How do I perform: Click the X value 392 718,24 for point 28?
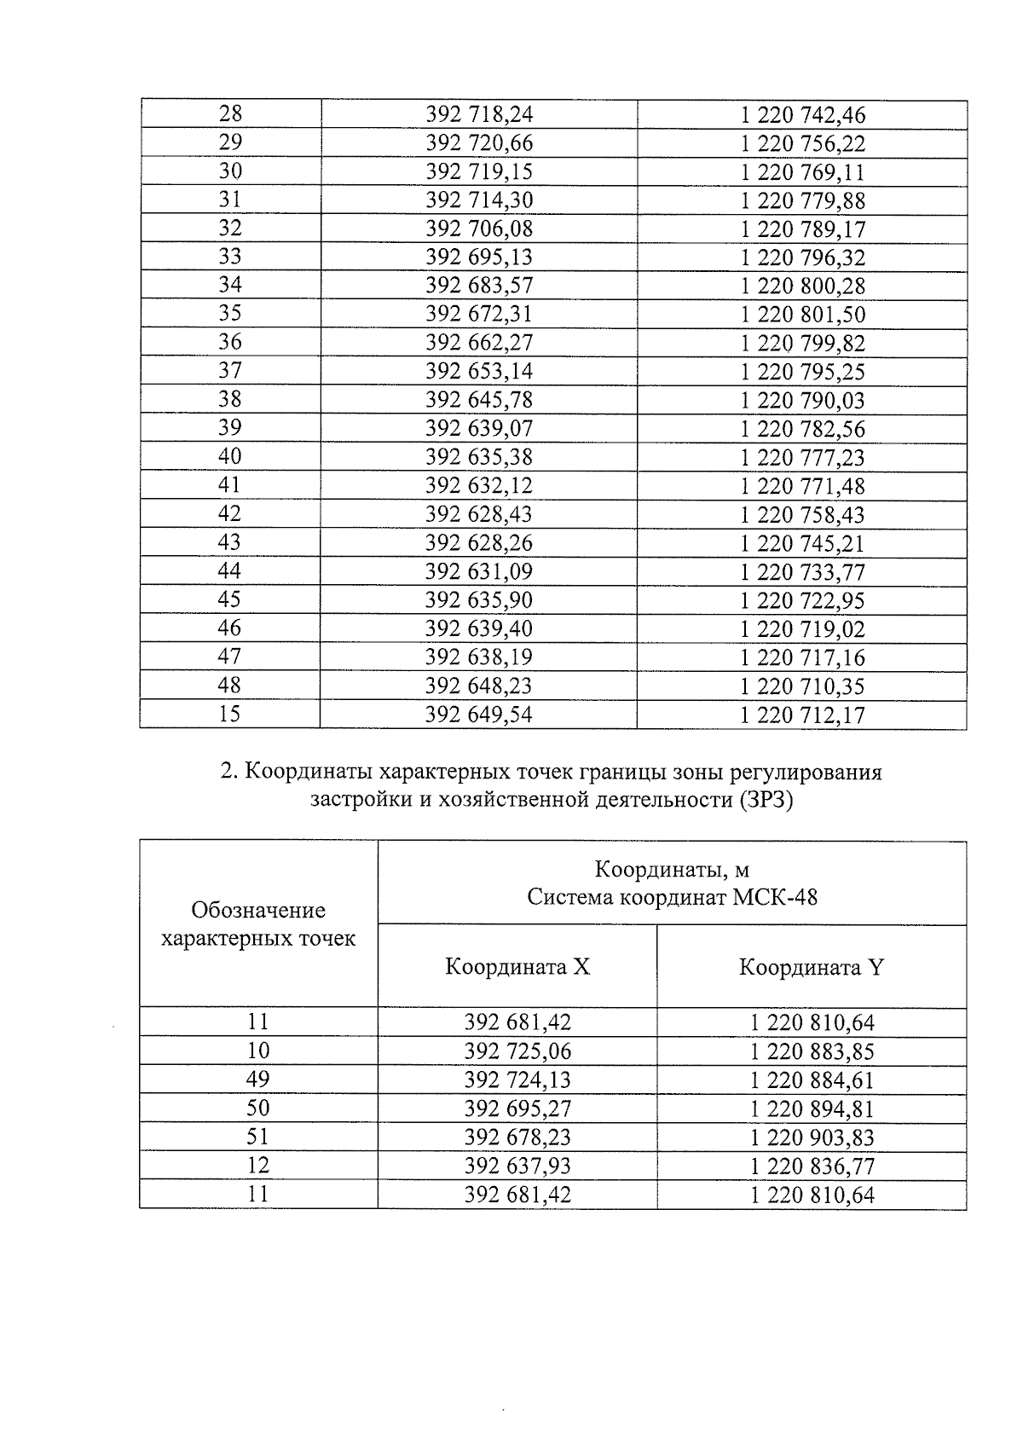478,114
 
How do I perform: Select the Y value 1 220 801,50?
802,315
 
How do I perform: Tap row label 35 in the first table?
230,313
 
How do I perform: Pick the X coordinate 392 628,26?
478,542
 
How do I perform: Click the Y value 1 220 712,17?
802,715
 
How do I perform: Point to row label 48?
230,685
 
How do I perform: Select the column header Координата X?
517,967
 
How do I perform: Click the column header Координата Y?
811,967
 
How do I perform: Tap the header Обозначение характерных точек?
258,924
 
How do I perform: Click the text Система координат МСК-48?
672,897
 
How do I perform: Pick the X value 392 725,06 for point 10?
517,1051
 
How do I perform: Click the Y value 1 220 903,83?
812,1137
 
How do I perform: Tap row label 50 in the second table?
258,1108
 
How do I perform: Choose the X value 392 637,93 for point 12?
517,1166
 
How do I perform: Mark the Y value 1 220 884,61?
812,1079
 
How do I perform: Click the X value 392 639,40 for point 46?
478,628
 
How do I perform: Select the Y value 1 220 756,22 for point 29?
802,143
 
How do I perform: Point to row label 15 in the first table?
230,714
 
